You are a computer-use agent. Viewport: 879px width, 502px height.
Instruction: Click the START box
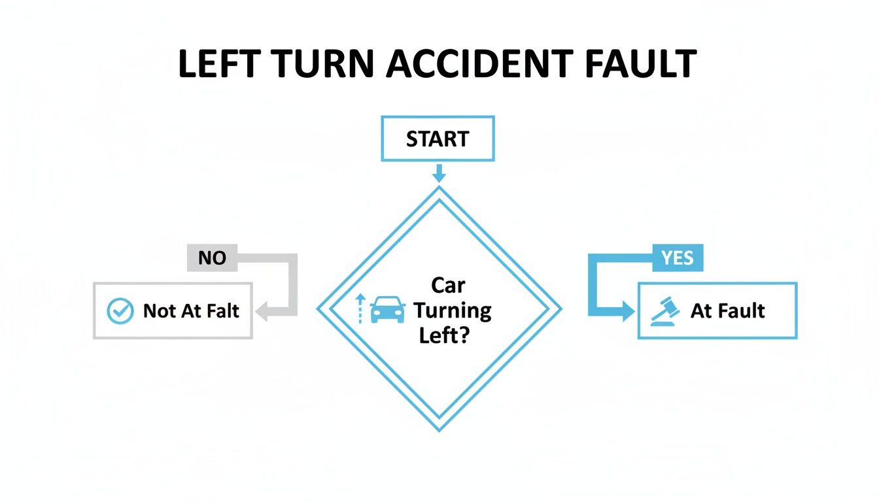[438, 139]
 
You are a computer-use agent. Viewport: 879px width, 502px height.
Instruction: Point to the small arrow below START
[438, 173]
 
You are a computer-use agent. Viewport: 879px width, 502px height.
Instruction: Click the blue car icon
[388, 309]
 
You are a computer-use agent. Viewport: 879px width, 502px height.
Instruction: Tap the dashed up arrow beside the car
[358, 309]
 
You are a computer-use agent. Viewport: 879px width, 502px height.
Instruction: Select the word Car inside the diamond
[447, 285]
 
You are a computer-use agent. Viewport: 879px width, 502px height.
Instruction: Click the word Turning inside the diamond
[452, 310]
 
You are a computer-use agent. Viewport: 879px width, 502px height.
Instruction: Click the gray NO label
[212, 258]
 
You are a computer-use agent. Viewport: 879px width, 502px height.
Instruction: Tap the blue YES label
[678, 258]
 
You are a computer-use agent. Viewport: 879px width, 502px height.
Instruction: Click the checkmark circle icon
[120, 311]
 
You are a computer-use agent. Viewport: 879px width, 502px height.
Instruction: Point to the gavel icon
[665, 311]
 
